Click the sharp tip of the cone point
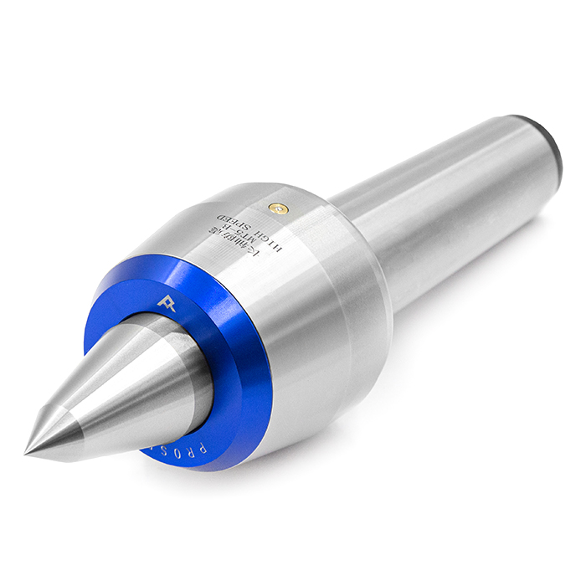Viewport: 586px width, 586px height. click(x=27, y=454)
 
